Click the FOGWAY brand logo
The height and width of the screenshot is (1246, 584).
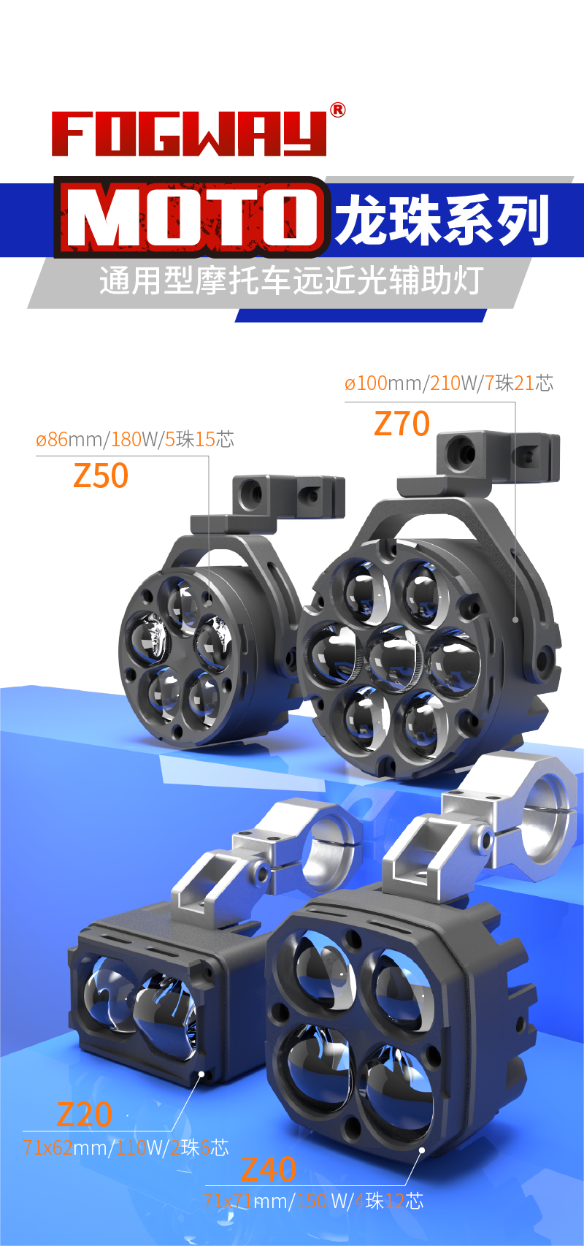point(189,134)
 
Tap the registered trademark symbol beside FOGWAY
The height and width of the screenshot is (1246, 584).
point(337,110)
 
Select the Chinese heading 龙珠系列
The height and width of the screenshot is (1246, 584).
point(442,221)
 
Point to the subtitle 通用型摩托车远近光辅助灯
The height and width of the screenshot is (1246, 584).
point(291,280)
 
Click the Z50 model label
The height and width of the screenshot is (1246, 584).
point(101,475)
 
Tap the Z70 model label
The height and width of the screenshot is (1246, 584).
point(402,424)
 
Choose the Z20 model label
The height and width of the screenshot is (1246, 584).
point(85,1114)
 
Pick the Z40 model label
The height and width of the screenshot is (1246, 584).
point(268,1169)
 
